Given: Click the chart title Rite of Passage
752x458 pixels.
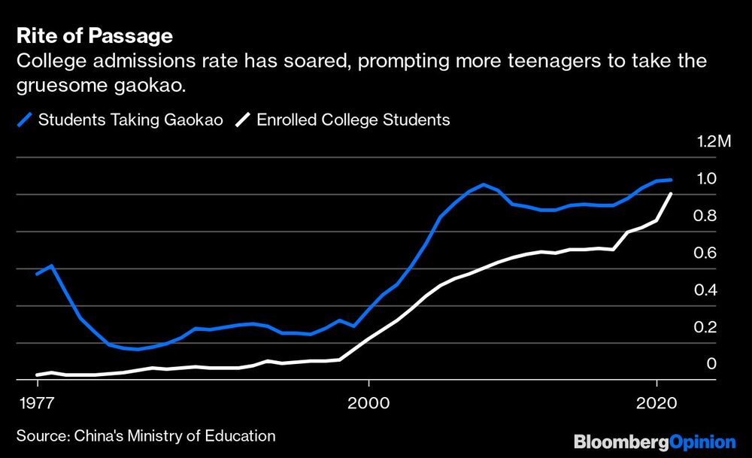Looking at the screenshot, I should (95, 36).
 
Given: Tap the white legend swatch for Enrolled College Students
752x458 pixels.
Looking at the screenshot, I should (243, 120).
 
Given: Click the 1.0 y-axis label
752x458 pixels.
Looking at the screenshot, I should (706, 178).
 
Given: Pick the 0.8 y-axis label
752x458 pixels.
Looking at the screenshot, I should (706, 216).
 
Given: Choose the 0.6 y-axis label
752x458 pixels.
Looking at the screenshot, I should (706, 253).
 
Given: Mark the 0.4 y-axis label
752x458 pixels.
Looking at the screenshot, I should (706, 290).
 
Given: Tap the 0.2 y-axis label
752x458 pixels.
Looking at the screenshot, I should (706, 326).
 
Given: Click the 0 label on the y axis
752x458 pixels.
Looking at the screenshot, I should (711, 363).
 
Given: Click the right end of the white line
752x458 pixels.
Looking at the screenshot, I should (671, 194).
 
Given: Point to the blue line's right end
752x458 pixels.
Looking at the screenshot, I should (671, 180).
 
